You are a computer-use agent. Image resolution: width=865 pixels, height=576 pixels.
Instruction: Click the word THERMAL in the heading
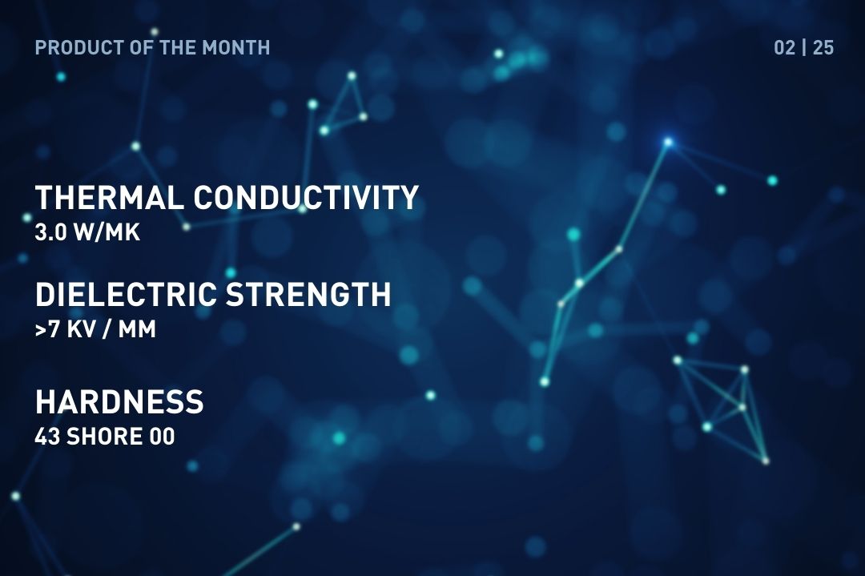(x=109, y=198)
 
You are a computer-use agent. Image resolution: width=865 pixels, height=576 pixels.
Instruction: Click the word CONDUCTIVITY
(x=306, y=198)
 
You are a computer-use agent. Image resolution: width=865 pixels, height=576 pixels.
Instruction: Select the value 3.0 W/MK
(x=87, y=232)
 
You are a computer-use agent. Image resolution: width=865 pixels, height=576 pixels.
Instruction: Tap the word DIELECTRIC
(x=126, y=294)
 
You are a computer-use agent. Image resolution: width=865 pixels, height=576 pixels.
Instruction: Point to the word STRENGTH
(x=308, y=294)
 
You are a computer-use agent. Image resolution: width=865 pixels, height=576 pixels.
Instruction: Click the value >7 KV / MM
(x=95, y=329)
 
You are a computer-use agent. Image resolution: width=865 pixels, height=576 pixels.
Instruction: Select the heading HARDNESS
(x=119, y=401)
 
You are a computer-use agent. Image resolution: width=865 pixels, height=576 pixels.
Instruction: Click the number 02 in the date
(x=784, y=47)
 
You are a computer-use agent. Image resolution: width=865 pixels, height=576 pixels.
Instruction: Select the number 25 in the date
(x=823, y=47)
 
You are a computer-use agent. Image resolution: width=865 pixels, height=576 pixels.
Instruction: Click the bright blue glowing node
(x=668, y=143)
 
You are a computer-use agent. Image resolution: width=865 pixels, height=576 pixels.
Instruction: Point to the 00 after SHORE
(x=162, y=437)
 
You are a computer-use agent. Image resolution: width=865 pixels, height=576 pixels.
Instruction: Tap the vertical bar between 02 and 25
(x=804, y=47)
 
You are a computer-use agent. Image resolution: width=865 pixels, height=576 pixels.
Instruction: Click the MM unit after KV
(x=137, y=329)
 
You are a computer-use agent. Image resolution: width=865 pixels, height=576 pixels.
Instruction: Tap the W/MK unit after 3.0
(x=107, y=232)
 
